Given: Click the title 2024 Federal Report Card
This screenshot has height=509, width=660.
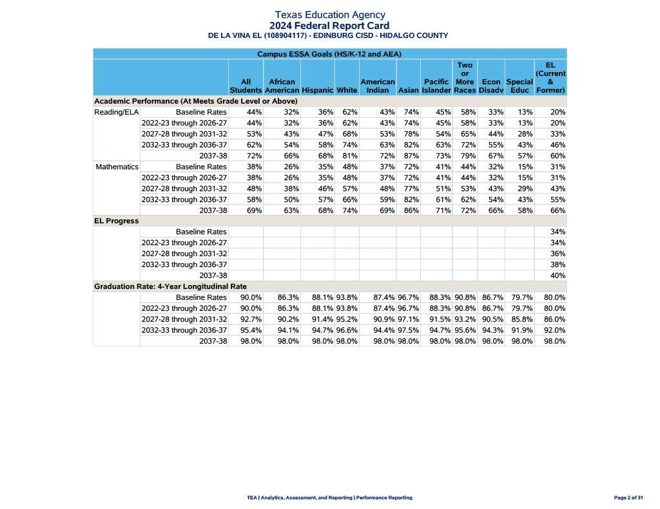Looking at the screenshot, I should coord(329,26).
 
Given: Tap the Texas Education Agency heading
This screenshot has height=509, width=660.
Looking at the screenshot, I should coord(329,15).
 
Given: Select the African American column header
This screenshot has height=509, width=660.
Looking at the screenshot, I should coord(282,86).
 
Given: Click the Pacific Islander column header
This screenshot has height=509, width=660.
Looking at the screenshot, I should coord(436,86).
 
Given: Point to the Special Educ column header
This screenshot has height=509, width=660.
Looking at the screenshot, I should coord(519,86).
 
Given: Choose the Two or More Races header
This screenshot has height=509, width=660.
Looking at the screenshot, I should coord(465,78).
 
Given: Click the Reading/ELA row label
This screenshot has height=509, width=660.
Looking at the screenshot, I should coord(117,113).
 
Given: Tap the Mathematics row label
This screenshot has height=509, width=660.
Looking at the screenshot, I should coord(117,167).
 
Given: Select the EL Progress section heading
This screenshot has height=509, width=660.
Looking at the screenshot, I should coord(117,221).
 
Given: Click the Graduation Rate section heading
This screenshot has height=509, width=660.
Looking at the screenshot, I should coord(170,287).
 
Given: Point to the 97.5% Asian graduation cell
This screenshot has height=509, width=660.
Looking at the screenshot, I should coord(408,331).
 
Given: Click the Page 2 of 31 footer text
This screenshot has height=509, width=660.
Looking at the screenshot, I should coord(628,498).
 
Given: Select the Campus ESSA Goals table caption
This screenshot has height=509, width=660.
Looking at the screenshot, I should coord(329,54).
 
